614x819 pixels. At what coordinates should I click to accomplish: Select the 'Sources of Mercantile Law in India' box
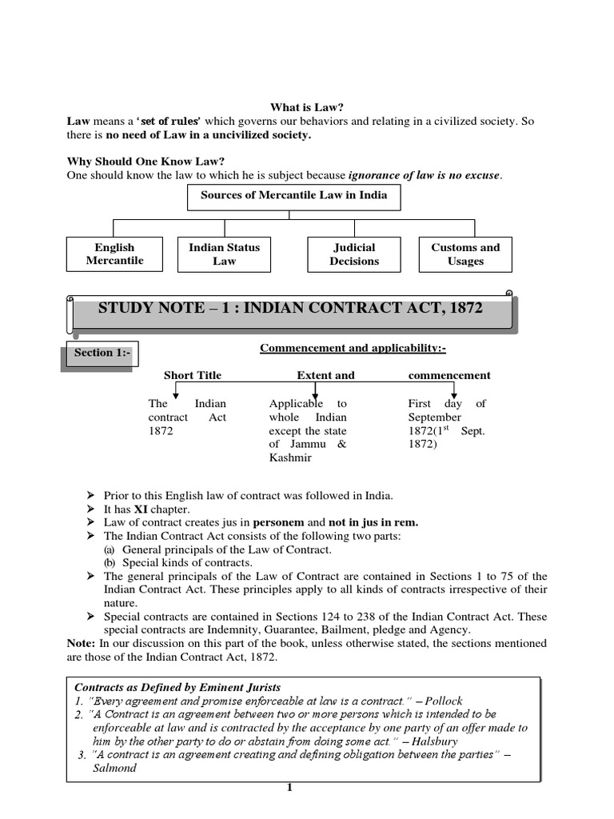point(293,196)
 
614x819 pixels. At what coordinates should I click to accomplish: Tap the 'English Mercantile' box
point(115,254)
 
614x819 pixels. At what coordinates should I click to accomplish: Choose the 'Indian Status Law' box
point(224,254)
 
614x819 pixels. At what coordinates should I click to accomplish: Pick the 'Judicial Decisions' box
point(354,254)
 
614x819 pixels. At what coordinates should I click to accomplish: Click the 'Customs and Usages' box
point(465,254)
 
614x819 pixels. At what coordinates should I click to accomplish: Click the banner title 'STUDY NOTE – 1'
point(290,308)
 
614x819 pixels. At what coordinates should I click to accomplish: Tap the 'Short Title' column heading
point(193,375)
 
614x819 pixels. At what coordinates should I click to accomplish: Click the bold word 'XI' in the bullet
point(142,509)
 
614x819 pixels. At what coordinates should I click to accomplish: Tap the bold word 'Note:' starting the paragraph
point(82,643)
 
